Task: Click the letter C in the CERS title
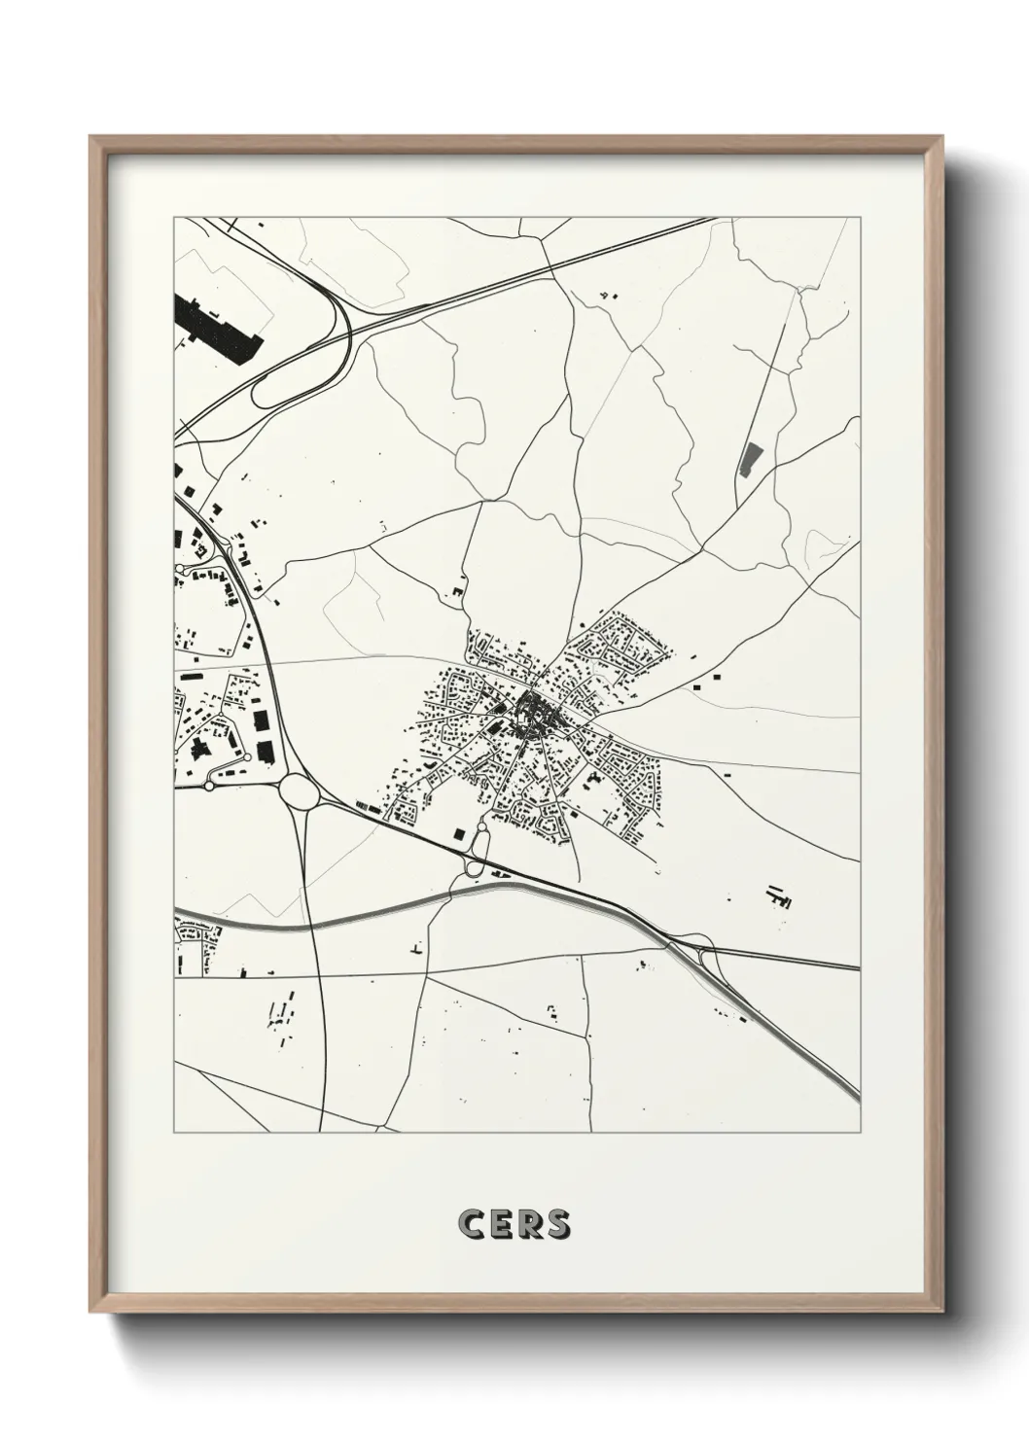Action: tap(471, 1225)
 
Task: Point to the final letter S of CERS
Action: tap(557, 1225)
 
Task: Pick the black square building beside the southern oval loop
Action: tap(460, 831)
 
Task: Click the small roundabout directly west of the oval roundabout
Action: tap(208, 784)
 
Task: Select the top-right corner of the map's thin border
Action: tap(860, 218)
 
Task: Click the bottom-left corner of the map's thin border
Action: tap(174, 1132)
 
